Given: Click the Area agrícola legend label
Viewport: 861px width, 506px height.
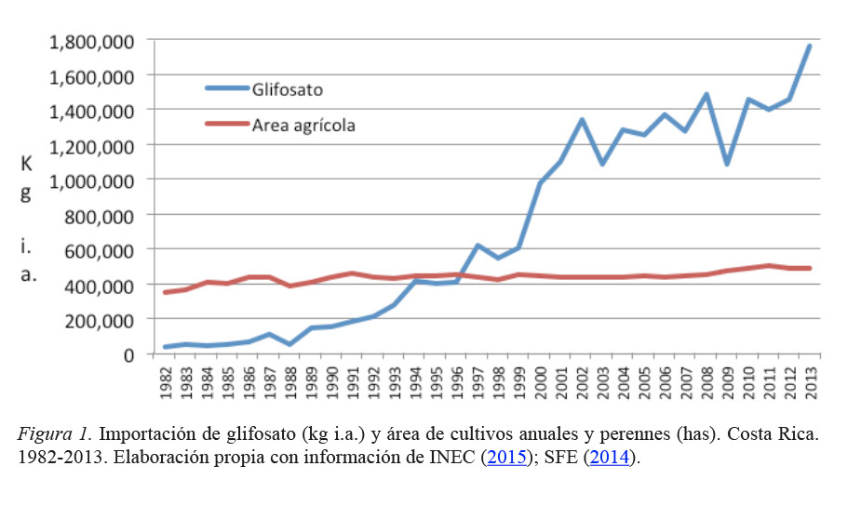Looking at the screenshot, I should (303, 124).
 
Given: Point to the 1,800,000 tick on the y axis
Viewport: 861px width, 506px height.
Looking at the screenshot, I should (91, 41).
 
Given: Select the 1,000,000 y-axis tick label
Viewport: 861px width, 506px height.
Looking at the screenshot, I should (91, 180).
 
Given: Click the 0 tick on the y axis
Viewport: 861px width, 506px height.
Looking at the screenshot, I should (129, 354).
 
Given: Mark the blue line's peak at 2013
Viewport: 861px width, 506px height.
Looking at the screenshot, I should (810, 45).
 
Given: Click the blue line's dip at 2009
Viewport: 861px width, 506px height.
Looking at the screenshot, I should (727, 165).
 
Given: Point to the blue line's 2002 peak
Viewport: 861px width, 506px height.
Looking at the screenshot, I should (581, 120).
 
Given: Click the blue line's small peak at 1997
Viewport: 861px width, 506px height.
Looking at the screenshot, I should (478, 246).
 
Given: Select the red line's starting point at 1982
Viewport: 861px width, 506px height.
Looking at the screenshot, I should (166, 292).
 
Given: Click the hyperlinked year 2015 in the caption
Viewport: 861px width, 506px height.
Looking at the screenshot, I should (503, 458).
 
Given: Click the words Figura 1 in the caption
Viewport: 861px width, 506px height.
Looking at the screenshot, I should (52, 434).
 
